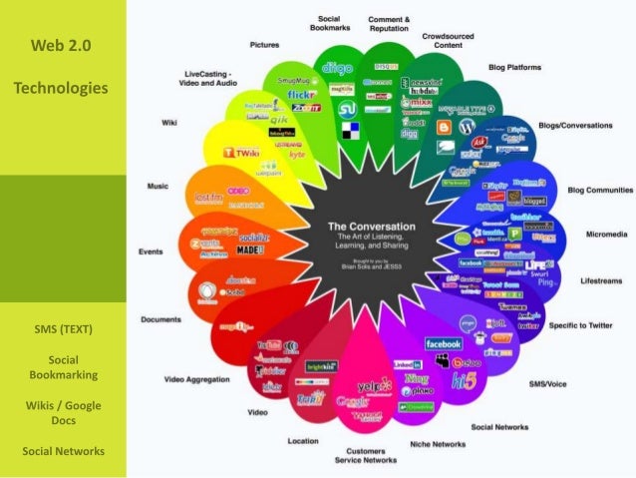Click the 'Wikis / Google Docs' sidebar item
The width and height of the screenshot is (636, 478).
[63, 412]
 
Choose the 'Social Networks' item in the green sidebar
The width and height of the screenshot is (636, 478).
[63, 450]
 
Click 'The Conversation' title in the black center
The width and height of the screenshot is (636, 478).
[379, 226]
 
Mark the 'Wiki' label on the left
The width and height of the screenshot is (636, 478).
[169, 122]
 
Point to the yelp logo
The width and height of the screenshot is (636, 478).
[372, 385]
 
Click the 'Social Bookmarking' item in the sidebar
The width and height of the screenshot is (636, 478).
[63, 366]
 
